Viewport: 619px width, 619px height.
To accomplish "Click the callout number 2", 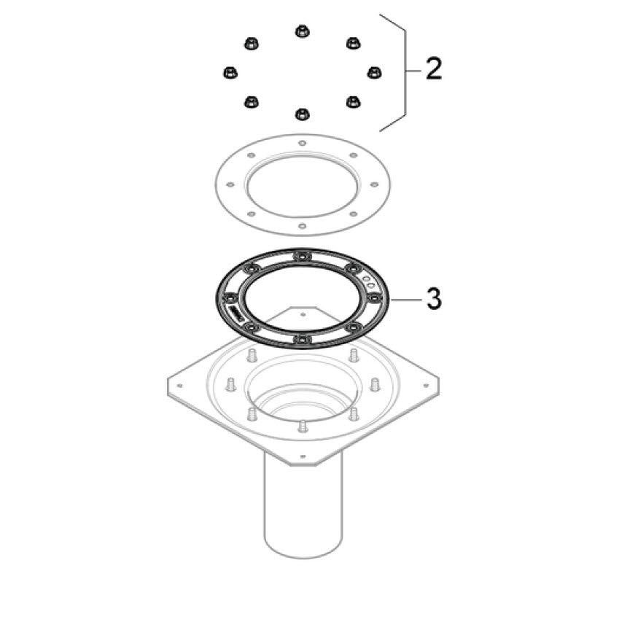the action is click(x=434, y=69).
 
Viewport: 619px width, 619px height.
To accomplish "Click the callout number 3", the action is click(x=434, y=298).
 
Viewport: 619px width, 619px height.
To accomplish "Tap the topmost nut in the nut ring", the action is click(x=303, y=31).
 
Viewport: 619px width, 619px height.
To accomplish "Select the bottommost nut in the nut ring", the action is click(x=303, y=114).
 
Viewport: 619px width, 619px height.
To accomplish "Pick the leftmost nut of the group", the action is click(x=230, y=73).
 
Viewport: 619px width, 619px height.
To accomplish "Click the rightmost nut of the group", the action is click(x=374, y=73).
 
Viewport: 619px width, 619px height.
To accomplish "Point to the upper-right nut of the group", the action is click(x=353, y=42).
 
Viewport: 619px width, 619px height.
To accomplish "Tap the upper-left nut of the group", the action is click(x=251, y=44).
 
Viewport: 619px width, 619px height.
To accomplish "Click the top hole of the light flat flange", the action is click(x=303, y=143).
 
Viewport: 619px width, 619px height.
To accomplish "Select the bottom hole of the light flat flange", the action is click(x=303, y=226).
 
